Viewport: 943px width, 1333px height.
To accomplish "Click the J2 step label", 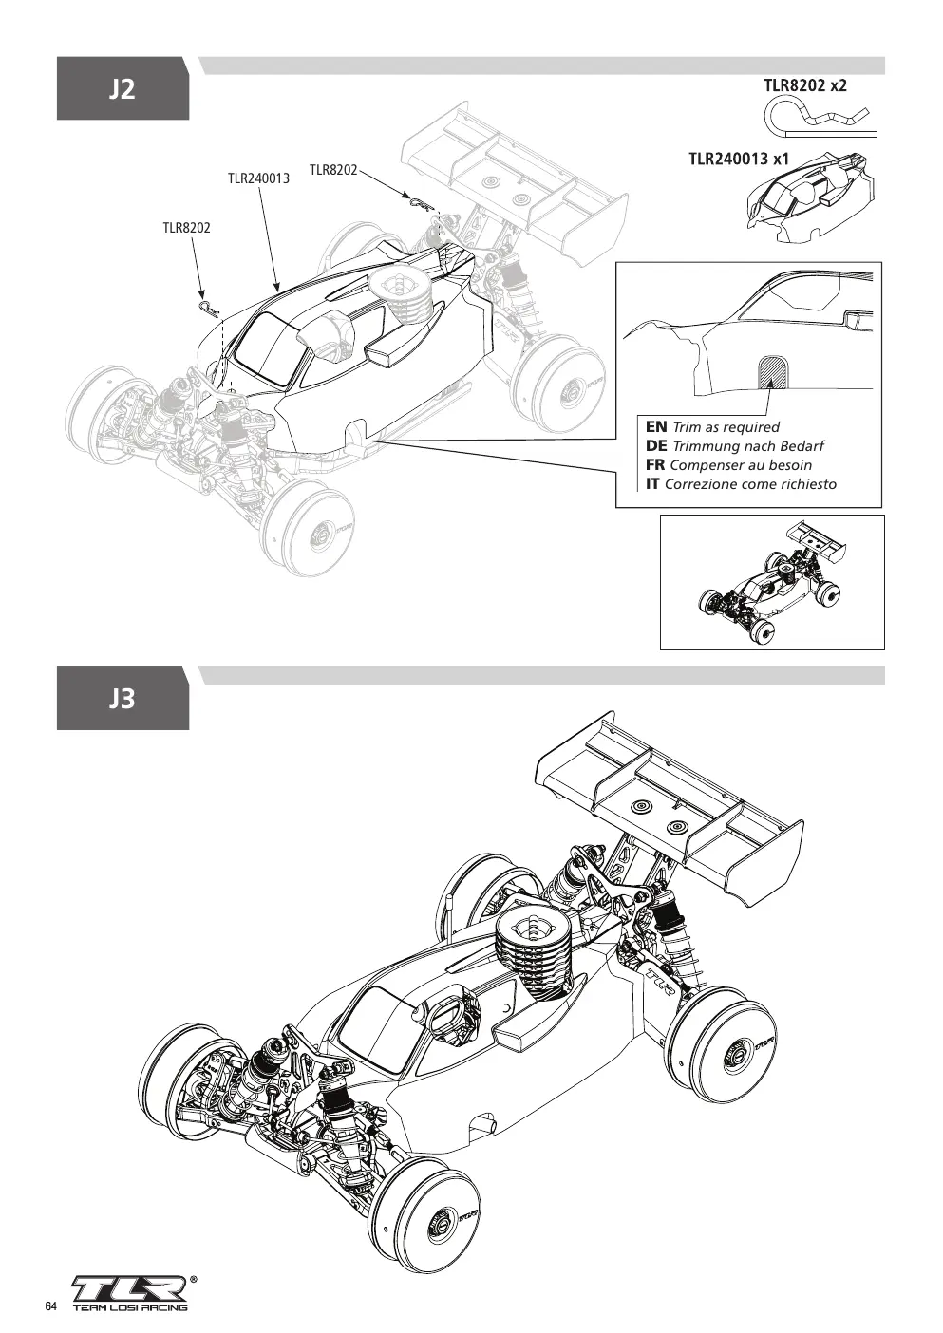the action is (x=123, y=89).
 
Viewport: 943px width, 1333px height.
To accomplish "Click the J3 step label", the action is (x=123, y=699).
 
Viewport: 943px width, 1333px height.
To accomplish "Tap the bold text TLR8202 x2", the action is (x=805, y=85).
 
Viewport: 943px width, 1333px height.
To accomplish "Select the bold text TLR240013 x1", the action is (x=739, y=159).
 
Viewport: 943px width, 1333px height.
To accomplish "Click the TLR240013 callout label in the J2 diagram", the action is (x=258, y=178).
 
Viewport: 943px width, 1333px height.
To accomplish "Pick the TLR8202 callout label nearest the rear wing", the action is (x=333, y=170).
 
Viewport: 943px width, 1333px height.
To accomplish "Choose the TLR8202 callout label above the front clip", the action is (x=186, y=228).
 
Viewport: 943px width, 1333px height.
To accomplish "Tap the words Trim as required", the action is (x=726, y=427).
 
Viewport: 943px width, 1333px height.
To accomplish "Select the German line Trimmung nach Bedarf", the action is (x=748, y=446).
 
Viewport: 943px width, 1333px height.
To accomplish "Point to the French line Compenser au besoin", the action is (x=741, y=465).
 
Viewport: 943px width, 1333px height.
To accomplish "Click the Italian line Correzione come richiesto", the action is (x=750, y=484).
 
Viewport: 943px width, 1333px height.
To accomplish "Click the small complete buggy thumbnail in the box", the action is (x=772, y=583).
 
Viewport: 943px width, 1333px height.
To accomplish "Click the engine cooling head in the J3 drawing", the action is (x=534, y=951).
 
